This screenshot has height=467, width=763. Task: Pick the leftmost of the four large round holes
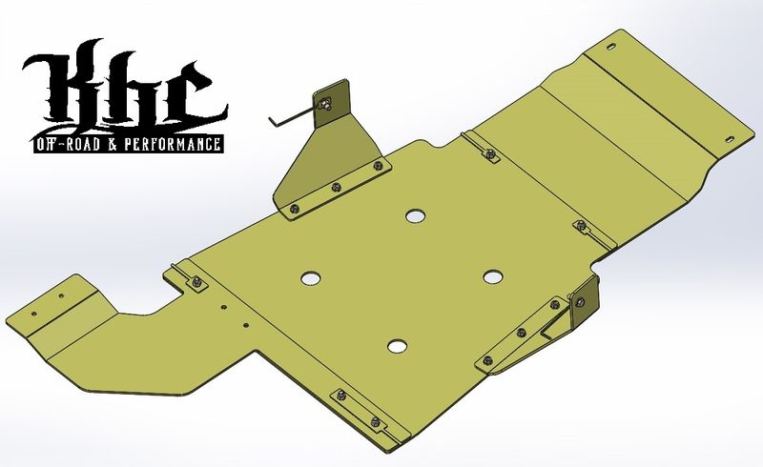(x=312, y=278)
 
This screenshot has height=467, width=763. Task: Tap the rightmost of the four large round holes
(x=492, y=275)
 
